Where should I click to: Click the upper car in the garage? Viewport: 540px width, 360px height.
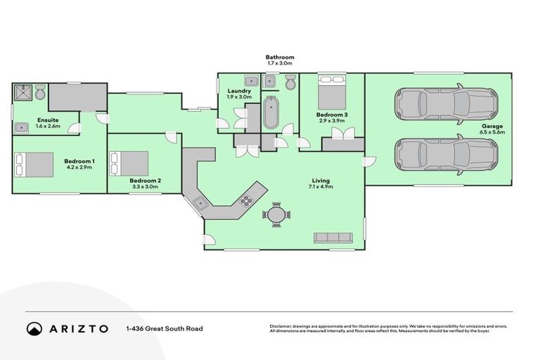pyautogui.click(x=446, y=104)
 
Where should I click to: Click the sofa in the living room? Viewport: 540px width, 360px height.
pyautogui.click(x=333, y=238)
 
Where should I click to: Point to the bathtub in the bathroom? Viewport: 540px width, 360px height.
pyautogui.click(x=271, y=112)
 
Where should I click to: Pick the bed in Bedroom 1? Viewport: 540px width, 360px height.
pyautogui.click(x=34, y=165)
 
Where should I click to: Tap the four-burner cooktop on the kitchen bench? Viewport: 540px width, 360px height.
pyautogui.click(x=247, y=200)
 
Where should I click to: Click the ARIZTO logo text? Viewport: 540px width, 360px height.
pyautogui.click(x=77, y=328)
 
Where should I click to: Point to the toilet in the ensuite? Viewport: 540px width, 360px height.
pyautogui.click(x=40, y=92)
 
